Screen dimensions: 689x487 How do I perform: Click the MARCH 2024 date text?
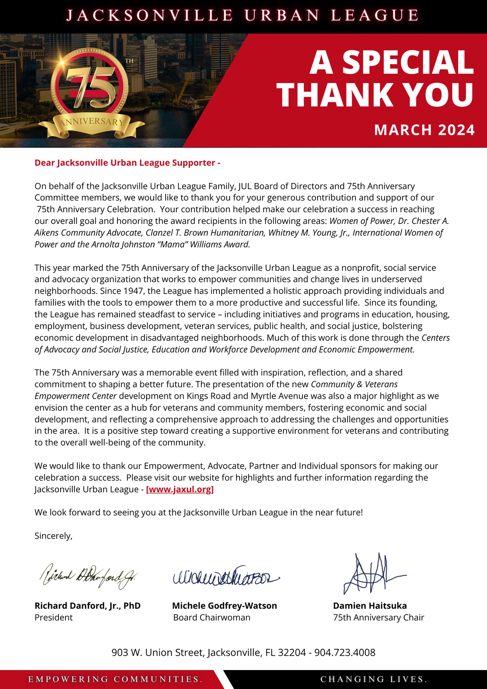[424, 130]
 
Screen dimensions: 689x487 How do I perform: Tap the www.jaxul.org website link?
[180, 489]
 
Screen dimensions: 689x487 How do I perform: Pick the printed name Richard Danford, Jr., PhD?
[87, 605]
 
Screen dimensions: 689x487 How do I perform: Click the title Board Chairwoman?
[212, 618]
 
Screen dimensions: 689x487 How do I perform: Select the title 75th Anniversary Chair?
[379, 618]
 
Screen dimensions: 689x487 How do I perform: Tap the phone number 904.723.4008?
[345, 652]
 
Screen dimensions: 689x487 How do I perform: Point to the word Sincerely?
[53, 536]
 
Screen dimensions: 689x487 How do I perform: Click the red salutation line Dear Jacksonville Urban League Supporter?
[127, 163]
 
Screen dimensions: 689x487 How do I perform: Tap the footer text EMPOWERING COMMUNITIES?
[115, 680]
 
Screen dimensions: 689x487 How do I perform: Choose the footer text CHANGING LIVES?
[373, 680]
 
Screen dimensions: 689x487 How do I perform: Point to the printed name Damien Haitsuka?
[370, 605]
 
